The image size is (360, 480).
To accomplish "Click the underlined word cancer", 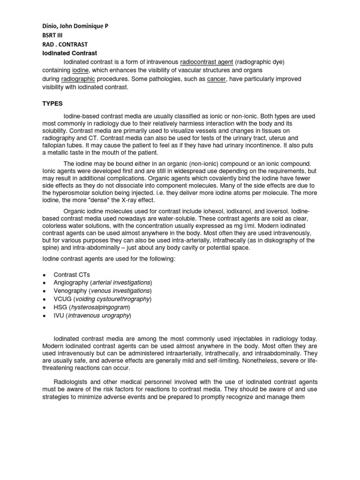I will click(x=217, y=79).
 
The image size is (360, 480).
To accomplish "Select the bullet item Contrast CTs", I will click(x=72, y=275).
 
